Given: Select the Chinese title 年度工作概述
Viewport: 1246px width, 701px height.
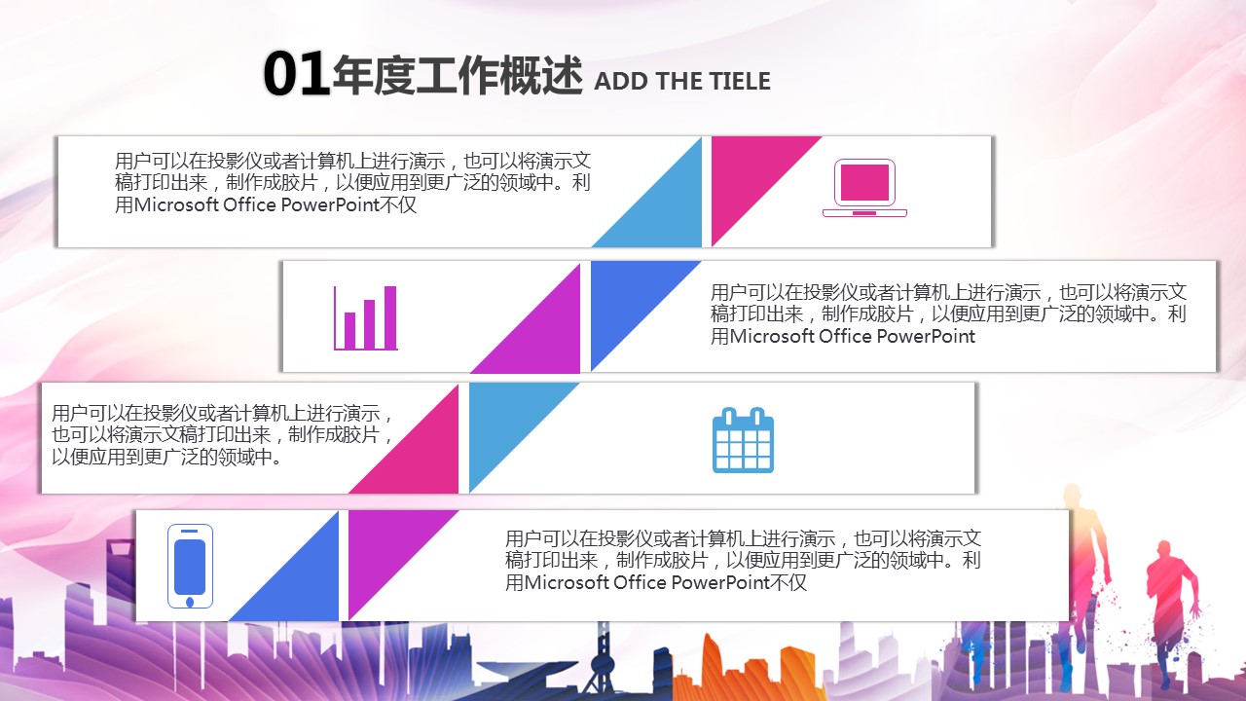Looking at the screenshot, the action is [458, 76].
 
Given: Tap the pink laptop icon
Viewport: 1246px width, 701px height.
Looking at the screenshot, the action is [864, 188].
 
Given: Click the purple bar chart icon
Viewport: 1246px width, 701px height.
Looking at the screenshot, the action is [365, 318].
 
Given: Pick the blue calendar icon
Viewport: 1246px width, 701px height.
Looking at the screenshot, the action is [743, 440].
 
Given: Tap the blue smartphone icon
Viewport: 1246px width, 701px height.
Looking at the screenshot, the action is [190, 566].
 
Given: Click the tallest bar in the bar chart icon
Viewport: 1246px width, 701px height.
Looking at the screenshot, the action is [390, 317].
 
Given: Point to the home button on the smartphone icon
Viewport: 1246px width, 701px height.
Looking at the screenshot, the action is [190, 602].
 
